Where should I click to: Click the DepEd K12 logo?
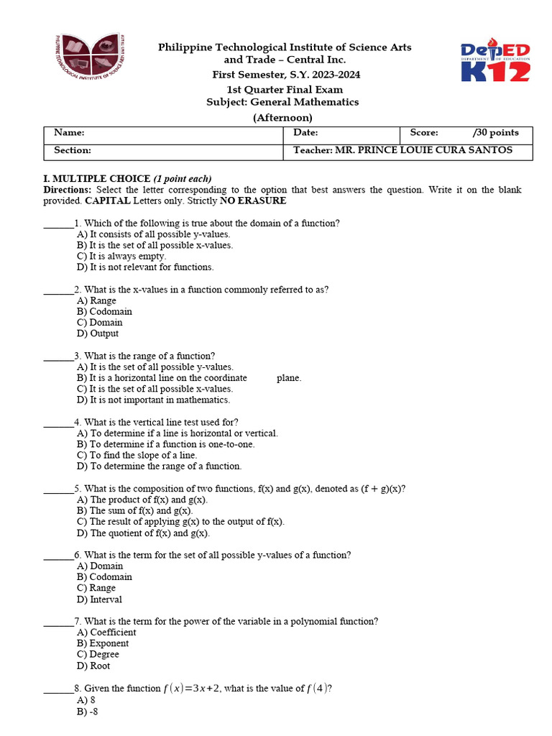(495, 62)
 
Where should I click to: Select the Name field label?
(69, 133)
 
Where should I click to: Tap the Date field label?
(305, 133)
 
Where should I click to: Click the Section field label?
(73, 150)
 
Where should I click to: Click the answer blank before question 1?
(58, 224)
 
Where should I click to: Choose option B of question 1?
(155, 245)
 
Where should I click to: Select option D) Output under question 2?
(98, 333)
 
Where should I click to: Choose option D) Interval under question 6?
(99, 599)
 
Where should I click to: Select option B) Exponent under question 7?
(103, 643)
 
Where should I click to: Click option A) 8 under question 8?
(86, 700)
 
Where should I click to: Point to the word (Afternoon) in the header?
(282, 118)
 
